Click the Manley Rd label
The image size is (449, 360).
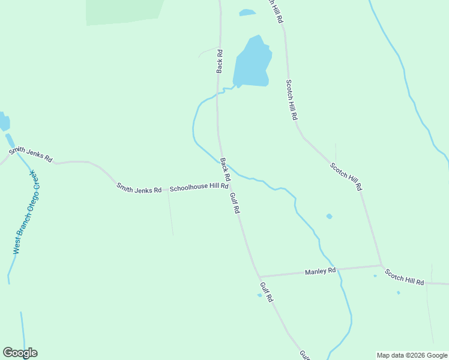(320, 271)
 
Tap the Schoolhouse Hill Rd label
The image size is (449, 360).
(199, 188)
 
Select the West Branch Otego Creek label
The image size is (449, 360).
(26, 212)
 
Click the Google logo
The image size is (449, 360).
(20, 353)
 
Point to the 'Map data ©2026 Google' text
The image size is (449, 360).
(412, 355)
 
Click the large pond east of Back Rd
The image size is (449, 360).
(253, 64)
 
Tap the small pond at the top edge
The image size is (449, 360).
(247, 12)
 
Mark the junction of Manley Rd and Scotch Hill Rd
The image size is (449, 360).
(381, 265)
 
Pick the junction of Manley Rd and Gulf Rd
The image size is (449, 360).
(259, 277)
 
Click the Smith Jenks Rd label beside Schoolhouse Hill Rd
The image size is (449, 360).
(139, 188)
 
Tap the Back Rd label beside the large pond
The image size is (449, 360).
(220, 61)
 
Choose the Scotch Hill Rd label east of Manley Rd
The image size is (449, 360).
(405, 278)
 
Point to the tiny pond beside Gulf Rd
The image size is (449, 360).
(259, 295)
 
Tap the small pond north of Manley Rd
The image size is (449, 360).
(329, 216)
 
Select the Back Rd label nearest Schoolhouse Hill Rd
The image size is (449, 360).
(225, 170)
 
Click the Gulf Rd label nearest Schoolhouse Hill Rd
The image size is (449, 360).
(235, 203)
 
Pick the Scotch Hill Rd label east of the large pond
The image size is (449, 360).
(291, 100)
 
